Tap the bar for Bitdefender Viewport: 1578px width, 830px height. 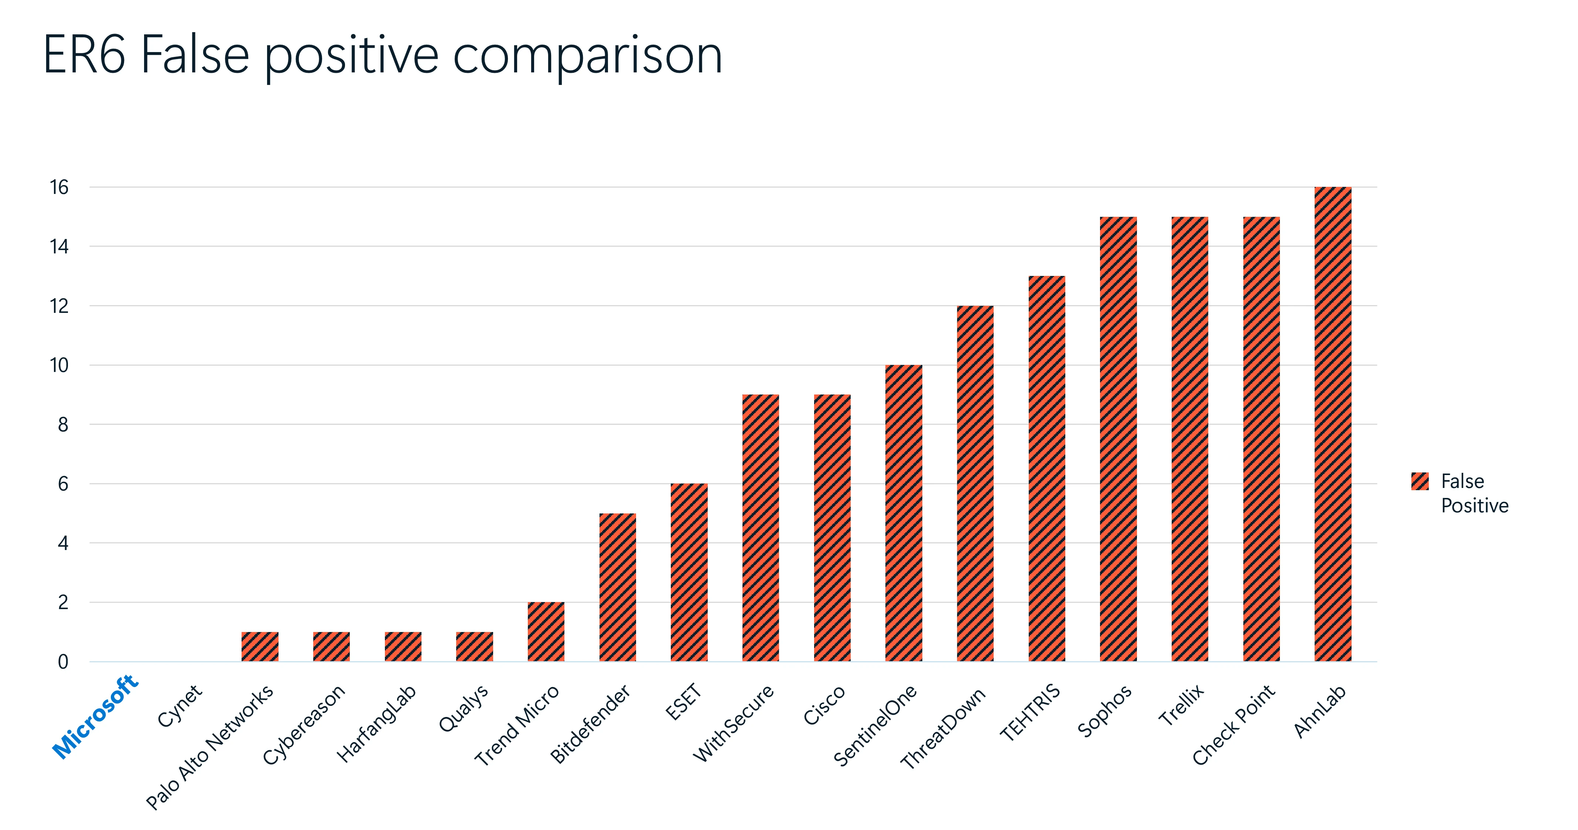pyautogui.click(x=618, y=587)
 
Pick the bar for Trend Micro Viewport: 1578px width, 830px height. pyautogui.click(x=546, y=632)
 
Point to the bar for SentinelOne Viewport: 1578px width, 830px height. pyautogui.click(x=904, y=513)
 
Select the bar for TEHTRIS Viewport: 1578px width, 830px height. pyautogui.click(x=1046, y=469)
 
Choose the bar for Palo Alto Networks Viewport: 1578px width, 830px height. pyautogui.click(x=260, y=646)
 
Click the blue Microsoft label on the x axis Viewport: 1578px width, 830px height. pyautogui.click(x=96, y=716)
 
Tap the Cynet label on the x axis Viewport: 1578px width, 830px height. pyautogui.click(x=180, y=706)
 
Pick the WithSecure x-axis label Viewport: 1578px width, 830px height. pyautogui.click(x=733, y=723)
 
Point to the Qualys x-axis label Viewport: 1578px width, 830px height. pyautogui.click(x=464, y=708)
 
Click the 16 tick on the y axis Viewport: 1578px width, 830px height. pyautogui.click(x=59, y=187)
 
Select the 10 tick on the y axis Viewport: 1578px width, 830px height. pyautogui.click(x=59, y=366)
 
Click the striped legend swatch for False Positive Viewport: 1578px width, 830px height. pyautogui.click(x=1419, y=481)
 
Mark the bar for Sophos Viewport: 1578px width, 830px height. pyautogui.click(x=1118, y=438)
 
